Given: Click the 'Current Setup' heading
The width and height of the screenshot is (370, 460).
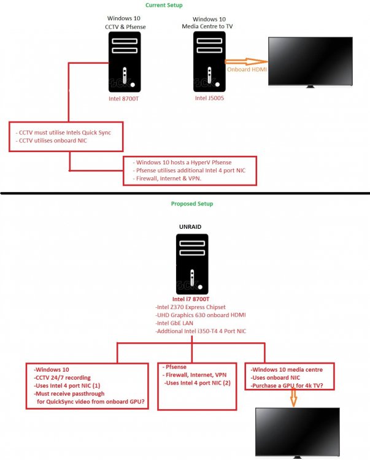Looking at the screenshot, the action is tap(164, 5).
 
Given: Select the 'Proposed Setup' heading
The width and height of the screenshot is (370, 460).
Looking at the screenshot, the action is tap(192, 204).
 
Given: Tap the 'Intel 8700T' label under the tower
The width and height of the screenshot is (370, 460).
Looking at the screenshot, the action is tap(123, 99).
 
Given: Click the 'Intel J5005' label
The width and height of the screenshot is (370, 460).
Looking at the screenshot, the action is tap(209, 98).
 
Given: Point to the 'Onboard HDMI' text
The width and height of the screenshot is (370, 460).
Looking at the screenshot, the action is tap(247, 69).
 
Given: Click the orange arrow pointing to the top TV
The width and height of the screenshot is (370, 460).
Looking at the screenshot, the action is tap(246, 61).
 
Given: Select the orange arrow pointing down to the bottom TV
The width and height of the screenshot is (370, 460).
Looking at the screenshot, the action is tap(293, 397).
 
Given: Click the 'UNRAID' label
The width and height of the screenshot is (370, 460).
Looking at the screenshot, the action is tap(190, 227).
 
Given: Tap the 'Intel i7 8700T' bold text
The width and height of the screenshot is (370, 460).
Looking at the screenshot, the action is tap(191, 299).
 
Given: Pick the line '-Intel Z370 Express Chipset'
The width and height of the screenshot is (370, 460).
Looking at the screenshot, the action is tap(190, 307).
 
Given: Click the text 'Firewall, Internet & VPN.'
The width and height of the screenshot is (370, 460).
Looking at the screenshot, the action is tap(169, 178).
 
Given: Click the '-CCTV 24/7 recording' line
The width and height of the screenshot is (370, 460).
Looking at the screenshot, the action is tap(62, 378).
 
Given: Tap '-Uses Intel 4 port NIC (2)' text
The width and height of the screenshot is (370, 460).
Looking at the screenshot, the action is tap(198, 383).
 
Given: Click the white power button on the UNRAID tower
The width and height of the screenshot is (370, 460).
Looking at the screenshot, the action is tap(201, 287).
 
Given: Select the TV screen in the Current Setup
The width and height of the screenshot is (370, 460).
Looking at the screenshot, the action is tap(310, 61).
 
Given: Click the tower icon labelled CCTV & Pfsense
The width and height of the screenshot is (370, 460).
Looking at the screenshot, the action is tap(125, 62).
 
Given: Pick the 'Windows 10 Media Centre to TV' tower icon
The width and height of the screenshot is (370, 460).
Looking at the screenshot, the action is tap(209, 61).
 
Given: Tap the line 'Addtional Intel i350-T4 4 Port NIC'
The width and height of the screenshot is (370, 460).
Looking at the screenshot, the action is tap(201, 331).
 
